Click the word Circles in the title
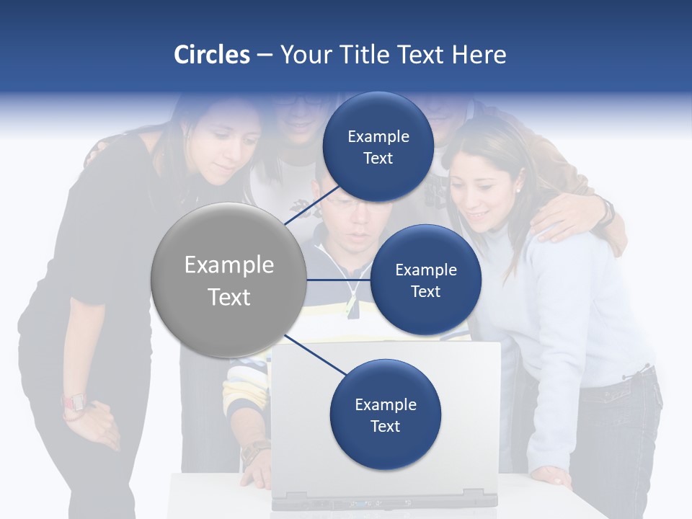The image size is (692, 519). pyautogui.click(x=212, y=55)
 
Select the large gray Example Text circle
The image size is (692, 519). pyautogui.click(x=229, y=280)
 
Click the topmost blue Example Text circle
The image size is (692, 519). pyautogui.click(x=378, y=147)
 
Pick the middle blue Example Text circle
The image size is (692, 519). pyautogui.click(x=425, y=280)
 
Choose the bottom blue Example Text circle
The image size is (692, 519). pyautogui.click(x=385, y=414)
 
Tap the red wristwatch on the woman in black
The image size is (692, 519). pyautogui.click(x=74, y=402)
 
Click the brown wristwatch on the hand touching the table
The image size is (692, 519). pyautogui.click(x=254, y=452)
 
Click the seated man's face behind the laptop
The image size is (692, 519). pyautogui.click(x=353, y=216)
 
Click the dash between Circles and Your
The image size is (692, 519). pyautogui.click(x=265, y=56)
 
